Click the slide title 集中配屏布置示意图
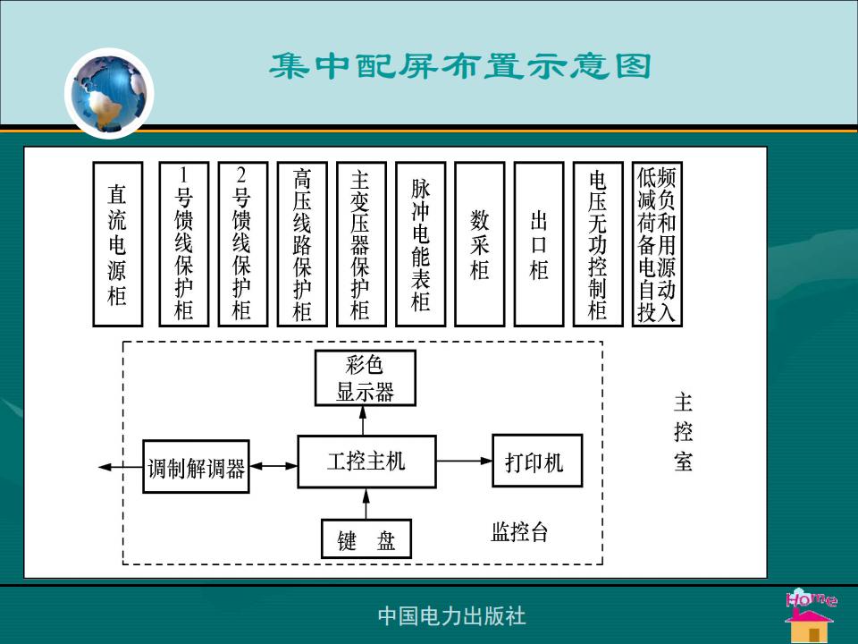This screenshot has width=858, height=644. (x=459, y=66)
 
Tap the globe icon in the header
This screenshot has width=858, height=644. (x=109, y=93)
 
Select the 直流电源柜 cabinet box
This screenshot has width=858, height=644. (x=118, y=244)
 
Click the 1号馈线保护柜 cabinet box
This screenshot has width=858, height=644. (x=184, y=244)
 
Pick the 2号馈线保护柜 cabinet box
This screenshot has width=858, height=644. (x=243, y=244)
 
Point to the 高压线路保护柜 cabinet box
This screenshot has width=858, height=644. (x=302, y=244)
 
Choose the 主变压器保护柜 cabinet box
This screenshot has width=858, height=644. (x=361, y=244)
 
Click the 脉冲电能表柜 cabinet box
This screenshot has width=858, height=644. (x=420, y=244)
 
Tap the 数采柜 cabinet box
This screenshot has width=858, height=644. (x=479, y=244)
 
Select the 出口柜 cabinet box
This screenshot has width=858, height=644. (x=539, y=244)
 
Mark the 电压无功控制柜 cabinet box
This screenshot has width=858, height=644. (x=598, y=244)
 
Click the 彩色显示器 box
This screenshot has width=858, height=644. (x=365, y=377)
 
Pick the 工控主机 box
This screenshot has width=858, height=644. (x=366, y=462)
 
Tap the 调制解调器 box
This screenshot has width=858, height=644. (x=196, y=467)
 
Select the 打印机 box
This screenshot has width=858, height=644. (x=537, y=461)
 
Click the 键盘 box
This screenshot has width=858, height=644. (x=366, y=538)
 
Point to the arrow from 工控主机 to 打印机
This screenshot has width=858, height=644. (x=465, y=461)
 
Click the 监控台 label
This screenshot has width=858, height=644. (x=519, y=531)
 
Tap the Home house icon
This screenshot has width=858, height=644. (x=811, y=615)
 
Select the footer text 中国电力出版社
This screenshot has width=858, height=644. (x=451, y=616)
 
